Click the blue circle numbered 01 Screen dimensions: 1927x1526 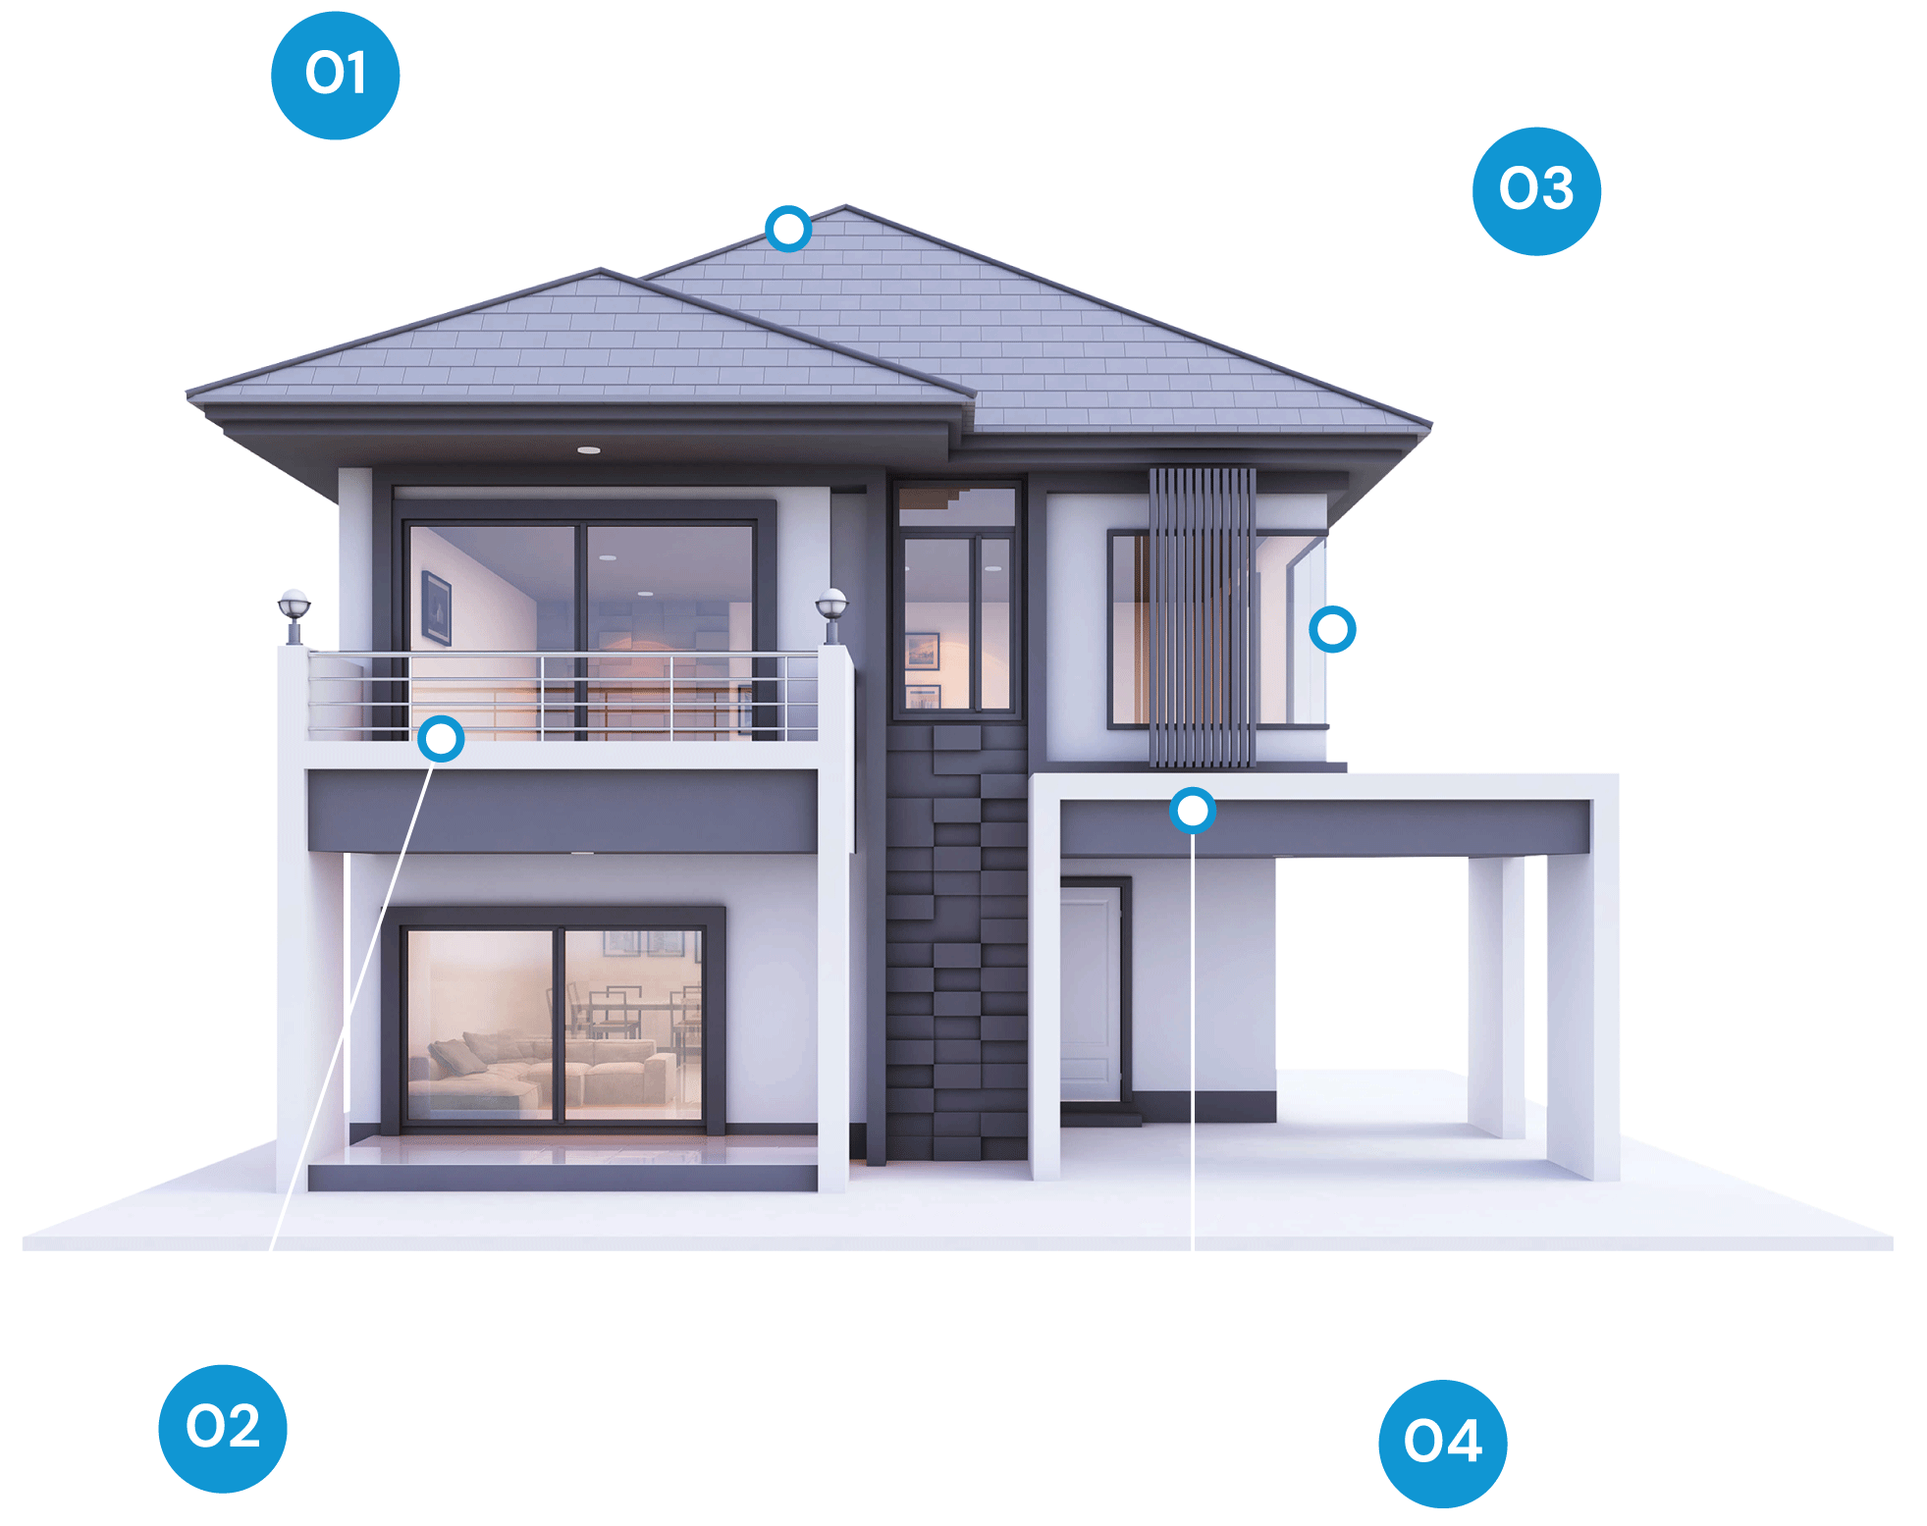pos(335,76)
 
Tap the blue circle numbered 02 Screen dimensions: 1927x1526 pos(223,1428)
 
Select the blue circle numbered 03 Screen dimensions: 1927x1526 pos(1536,191)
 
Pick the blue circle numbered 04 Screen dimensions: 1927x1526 pos(1443,1444)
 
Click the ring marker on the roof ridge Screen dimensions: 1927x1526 pos(788,229)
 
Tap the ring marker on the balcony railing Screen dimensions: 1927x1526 pos(441,738)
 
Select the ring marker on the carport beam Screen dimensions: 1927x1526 pos(1193,811)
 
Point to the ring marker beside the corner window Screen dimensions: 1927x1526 pos(1332,629)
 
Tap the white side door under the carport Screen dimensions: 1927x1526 pos(1090,993)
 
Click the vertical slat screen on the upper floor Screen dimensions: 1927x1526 pos(1202,617)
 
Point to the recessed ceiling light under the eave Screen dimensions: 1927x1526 pos(589,450)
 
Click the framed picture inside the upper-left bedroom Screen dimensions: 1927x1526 pos(436,607)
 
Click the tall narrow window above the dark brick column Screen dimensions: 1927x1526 pos(957,602)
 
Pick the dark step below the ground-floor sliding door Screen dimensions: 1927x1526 pos(562,1178)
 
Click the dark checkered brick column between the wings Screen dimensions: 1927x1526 pos(957,942)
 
